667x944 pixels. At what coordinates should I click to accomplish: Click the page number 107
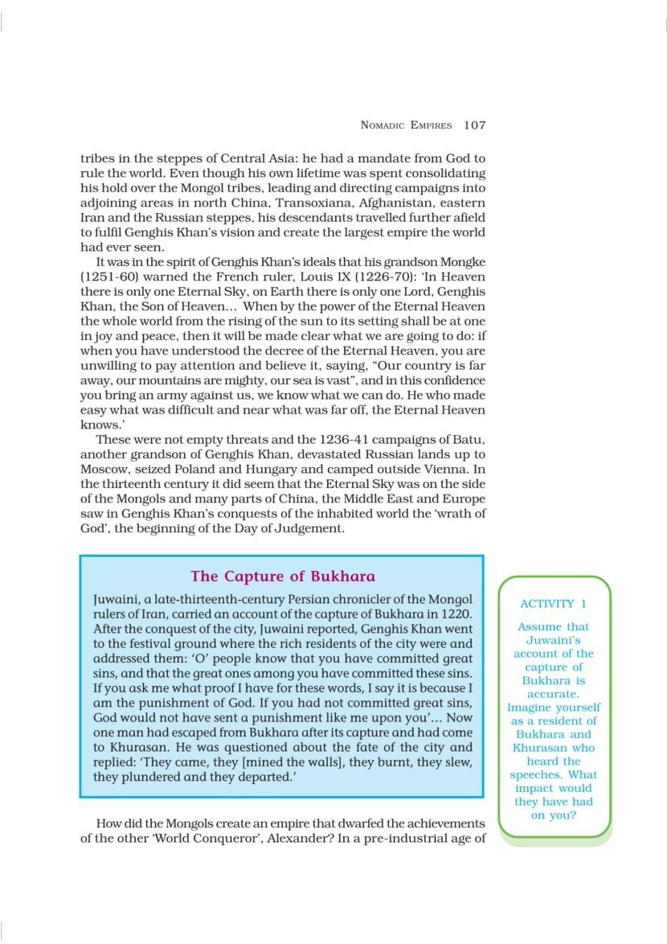click(x=475, y=125)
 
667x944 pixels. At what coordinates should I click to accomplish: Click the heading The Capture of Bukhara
click(x=282, y=577)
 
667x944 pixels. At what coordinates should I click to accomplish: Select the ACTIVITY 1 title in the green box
click(x=553, y=604)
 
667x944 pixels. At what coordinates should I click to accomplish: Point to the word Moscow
click(x=104, y=469)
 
